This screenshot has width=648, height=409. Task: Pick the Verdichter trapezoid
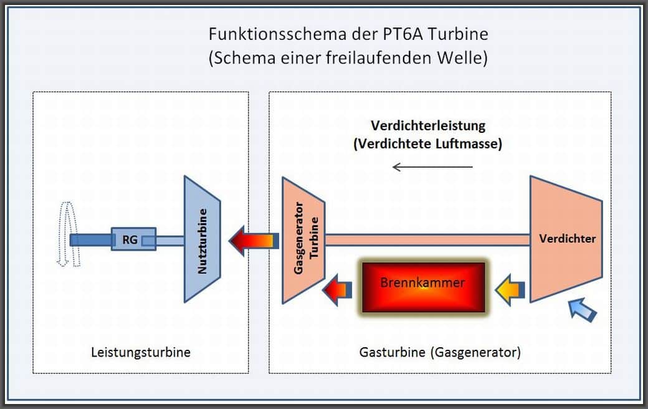click(565, 239)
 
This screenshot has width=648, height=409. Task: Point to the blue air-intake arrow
click(583, 309)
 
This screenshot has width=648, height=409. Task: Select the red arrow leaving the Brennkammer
click(337, 289)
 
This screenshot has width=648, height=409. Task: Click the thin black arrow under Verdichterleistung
click(432, 167)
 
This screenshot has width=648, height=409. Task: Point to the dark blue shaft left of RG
click(91, 239)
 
